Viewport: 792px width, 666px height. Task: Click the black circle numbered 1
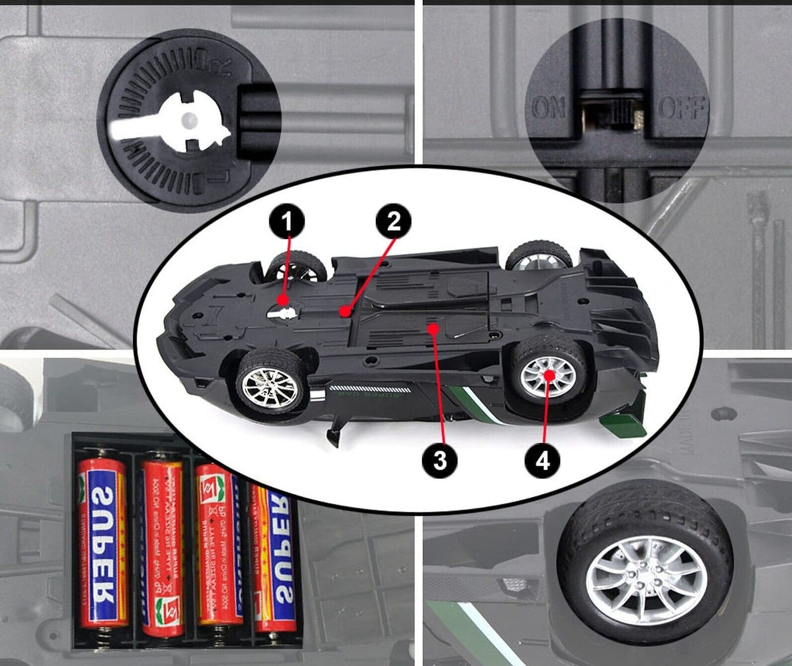(286, 222)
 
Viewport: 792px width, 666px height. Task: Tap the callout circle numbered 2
(394, 222)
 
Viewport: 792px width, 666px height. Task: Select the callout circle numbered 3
(440, 460)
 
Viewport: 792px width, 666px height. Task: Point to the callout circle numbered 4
(542, 460)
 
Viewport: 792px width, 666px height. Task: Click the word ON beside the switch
(548, 108)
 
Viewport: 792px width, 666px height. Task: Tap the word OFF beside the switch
(682, 108)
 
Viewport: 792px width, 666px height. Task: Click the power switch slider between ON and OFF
(616, 112)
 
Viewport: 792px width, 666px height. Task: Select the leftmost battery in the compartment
(103, 541)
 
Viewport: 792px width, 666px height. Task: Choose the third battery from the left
(218, 545)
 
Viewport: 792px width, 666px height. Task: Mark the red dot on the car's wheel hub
(548, 375)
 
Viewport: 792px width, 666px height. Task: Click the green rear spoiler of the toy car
(623, 423)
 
